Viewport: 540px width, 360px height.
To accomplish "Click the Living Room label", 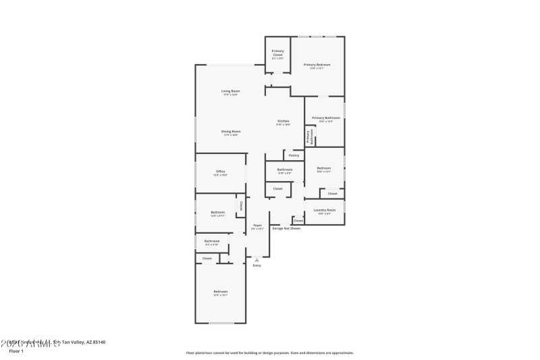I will [230, 91].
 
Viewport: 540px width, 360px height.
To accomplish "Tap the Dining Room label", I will [232, 132].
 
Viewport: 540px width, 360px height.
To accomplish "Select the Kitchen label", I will [283, 122].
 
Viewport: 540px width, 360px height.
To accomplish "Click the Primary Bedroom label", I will [317, 65].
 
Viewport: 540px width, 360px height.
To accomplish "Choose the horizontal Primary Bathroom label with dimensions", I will [326, 118].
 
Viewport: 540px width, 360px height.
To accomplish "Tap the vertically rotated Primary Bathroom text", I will [309, 136].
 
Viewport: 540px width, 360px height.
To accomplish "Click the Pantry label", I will [294, 155].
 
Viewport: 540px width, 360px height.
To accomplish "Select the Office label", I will [221, 172].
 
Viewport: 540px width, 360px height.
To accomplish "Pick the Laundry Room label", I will [325, 211].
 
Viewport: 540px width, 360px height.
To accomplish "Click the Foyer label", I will [257, 226].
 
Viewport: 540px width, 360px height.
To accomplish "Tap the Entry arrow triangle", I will [256, 259].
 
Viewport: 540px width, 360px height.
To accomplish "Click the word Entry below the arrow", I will [256, 265].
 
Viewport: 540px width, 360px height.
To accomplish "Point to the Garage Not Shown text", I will [286, 228].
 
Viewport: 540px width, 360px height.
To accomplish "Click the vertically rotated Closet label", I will [240, 205].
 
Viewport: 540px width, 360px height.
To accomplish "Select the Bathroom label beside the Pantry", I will [285, 170].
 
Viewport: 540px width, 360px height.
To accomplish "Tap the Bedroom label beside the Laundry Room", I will [324, 168].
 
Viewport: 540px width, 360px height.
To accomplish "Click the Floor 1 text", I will [16, 351].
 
